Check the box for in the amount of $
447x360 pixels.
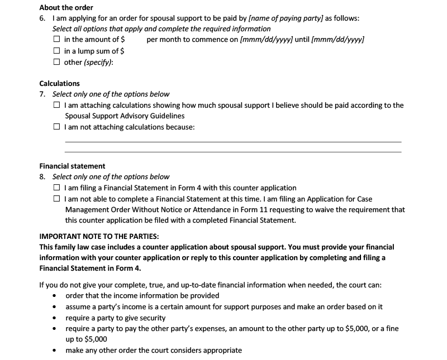pyautogui.click(x=57, y=40)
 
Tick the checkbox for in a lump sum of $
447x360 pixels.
pyautogui.click(x=57, y=51)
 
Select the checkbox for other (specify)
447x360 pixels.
pyautogui.click(x=57, y=62)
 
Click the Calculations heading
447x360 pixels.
pyautogui.click(x=59, y=84)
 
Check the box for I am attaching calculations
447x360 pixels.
pyautogui.click(x=57, y=105)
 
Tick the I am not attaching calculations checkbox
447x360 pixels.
pyautogui.click(x=57, y=127)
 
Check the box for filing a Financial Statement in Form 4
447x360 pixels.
pyautogui.click(x=57, y=188)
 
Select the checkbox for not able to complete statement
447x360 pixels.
pyautogui.click(x=57, y=199)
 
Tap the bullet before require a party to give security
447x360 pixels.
pyautogui.click(x=54, y=318)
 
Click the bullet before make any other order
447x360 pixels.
pyautogui.click(x=54, y=351)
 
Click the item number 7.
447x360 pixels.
pyautogui.click(x=42, y=94)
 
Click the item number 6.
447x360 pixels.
pyautogui.click(x=42, y=18)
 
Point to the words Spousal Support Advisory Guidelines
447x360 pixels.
pyautogui.click(x=125, y=116)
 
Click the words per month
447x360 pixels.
pyautogui.click(x=161, y=40)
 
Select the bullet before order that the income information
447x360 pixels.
pyautogui.click(x=54, y=296)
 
